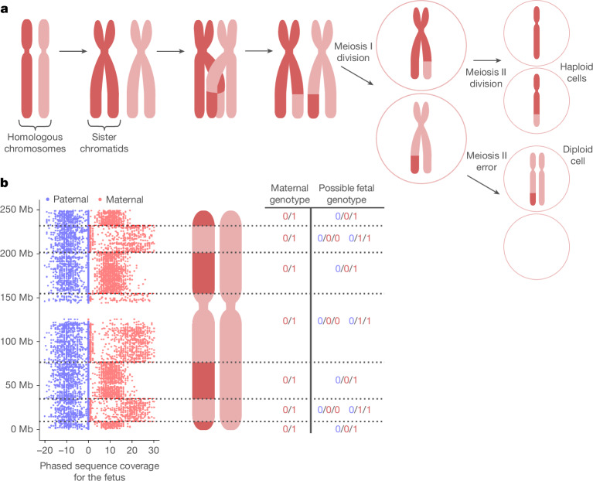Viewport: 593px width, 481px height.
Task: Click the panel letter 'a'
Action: [5, 7]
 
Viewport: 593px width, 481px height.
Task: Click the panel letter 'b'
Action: [5, 183]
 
